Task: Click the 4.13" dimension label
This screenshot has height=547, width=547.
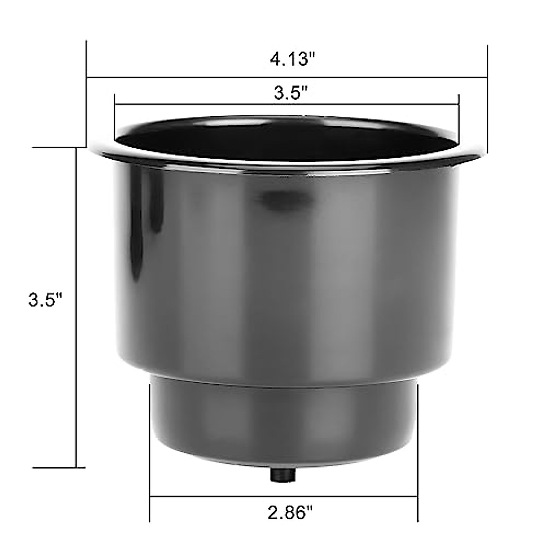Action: [x=292, y=60]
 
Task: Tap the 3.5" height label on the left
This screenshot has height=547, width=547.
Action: [x=45, y=300]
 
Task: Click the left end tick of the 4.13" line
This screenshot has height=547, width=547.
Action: [x=87, y=77]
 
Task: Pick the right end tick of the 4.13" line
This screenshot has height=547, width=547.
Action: [x=488, y=77]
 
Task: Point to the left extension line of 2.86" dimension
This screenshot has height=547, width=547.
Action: [x=150, y=447]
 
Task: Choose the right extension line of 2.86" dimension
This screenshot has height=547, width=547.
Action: [x=417, y=447]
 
